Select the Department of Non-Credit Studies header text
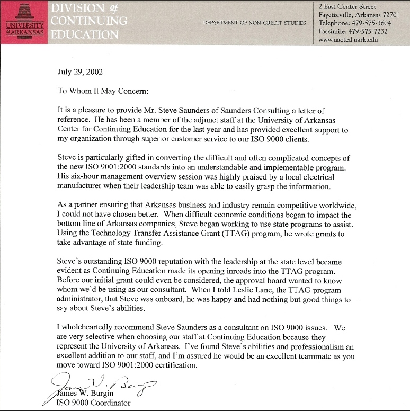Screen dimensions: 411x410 point(254,23)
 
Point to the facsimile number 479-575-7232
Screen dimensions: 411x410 point(368,31)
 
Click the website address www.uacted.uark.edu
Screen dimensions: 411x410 point(348,40)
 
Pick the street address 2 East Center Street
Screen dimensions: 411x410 point(347,6)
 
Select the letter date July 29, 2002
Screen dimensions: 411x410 point(80,72)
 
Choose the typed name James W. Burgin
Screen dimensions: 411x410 point(85,394)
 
